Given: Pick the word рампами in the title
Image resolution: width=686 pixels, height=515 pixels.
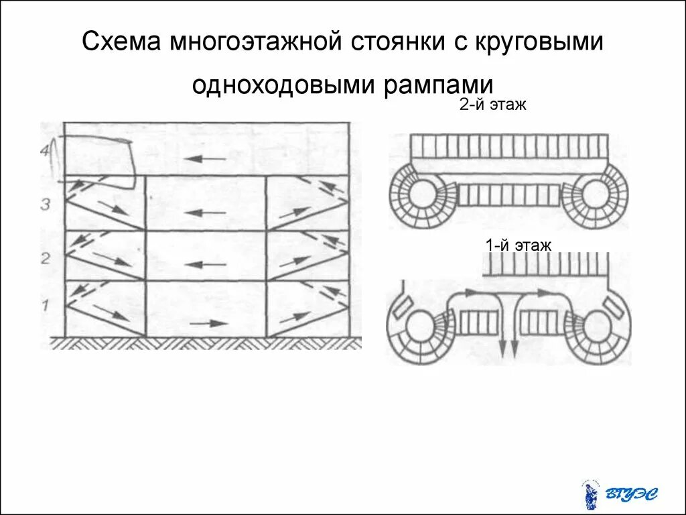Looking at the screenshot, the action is pos(438,85).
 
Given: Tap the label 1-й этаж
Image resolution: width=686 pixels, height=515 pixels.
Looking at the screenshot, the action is pos(519,245).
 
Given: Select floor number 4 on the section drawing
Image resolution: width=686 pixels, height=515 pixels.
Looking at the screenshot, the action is pos(45,151).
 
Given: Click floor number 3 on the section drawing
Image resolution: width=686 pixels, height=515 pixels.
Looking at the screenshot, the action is pos(44,204).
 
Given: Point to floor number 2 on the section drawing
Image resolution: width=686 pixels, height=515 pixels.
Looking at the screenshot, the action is pos(45,257).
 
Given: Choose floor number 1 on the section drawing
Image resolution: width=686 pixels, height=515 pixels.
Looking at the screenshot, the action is pos(45,306).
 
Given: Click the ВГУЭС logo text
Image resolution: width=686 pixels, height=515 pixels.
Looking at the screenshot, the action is pos(631,495).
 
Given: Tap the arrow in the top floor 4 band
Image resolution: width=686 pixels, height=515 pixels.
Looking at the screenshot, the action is pos(204,159).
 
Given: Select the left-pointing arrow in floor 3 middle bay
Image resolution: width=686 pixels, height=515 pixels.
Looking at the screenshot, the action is pos(204,213).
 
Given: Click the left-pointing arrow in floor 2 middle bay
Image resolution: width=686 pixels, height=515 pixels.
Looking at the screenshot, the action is pos(204,264).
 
